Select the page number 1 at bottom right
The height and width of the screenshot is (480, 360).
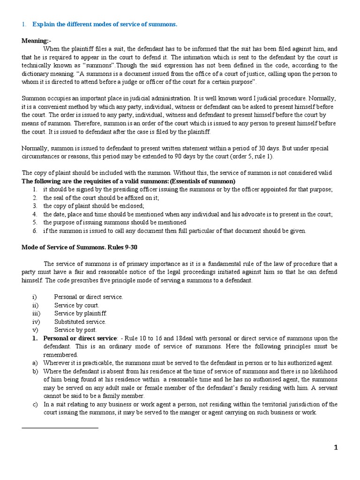[336, 447]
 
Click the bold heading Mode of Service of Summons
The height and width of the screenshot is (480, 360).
[80, 247]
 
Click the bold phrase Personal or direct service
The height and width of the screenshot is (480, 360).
[80, 338]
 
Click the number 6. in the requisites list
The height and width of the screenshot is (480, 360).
[35, 231]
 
